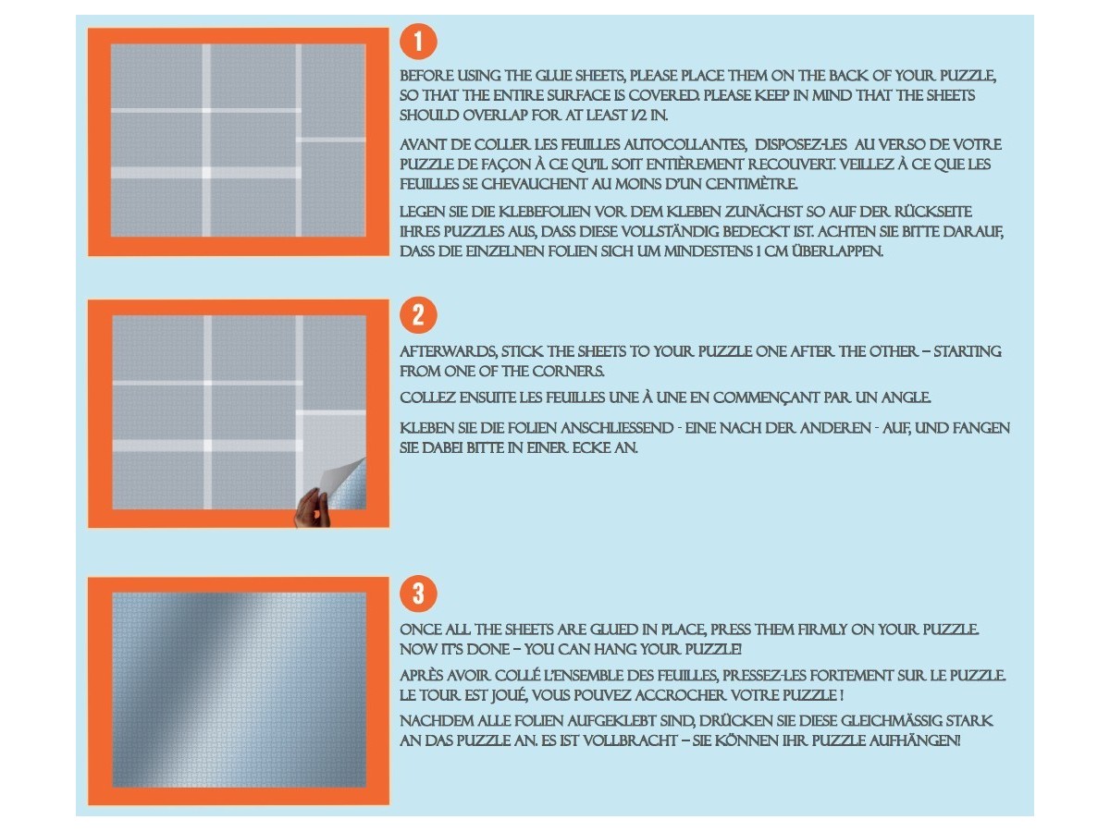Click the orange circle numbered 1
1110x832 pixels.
pyautogui.click(x=418, y=42)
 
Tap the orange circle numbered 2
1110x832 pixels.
pyautogui.click(x=418, y=315)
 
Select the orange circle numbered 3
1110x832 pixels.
pyautogui.click(x=418, y=593)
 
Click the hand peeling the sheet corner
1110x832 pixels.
pyautogui.click(x=312, y=508)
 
